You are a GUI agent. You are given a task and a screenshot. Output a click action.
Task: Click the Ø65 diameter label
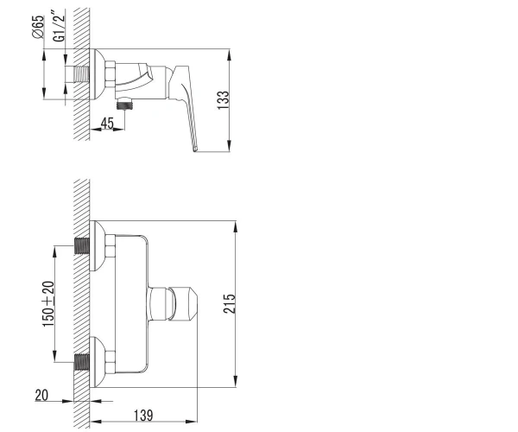click(x=38, y=27)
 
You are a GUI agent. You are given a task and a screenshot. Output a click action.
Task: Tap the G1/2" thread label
click(x=58, y=26)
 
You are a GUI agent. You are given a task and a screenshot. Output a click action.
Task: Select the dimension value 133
click(x=223, y=100)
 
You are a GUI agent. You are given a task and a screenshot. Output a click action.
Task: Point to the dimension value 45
click(x=107, y=123)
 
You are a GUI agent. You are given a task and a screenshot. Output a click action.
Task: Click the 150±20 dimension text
click(x=48, y=304)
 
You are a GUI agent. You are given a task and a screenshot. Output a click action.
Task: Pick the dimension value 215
click(x=230, y=303)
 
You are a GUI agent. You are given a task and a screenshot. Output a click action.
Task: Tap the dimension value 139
click(x=143, y=416)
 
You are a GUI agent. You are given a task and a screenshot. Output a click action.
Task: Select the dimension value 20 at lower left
click(x=41, y=395)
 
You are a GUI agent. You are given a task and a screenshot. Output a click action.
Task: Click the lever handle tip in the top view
click(x=195, y=149)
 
